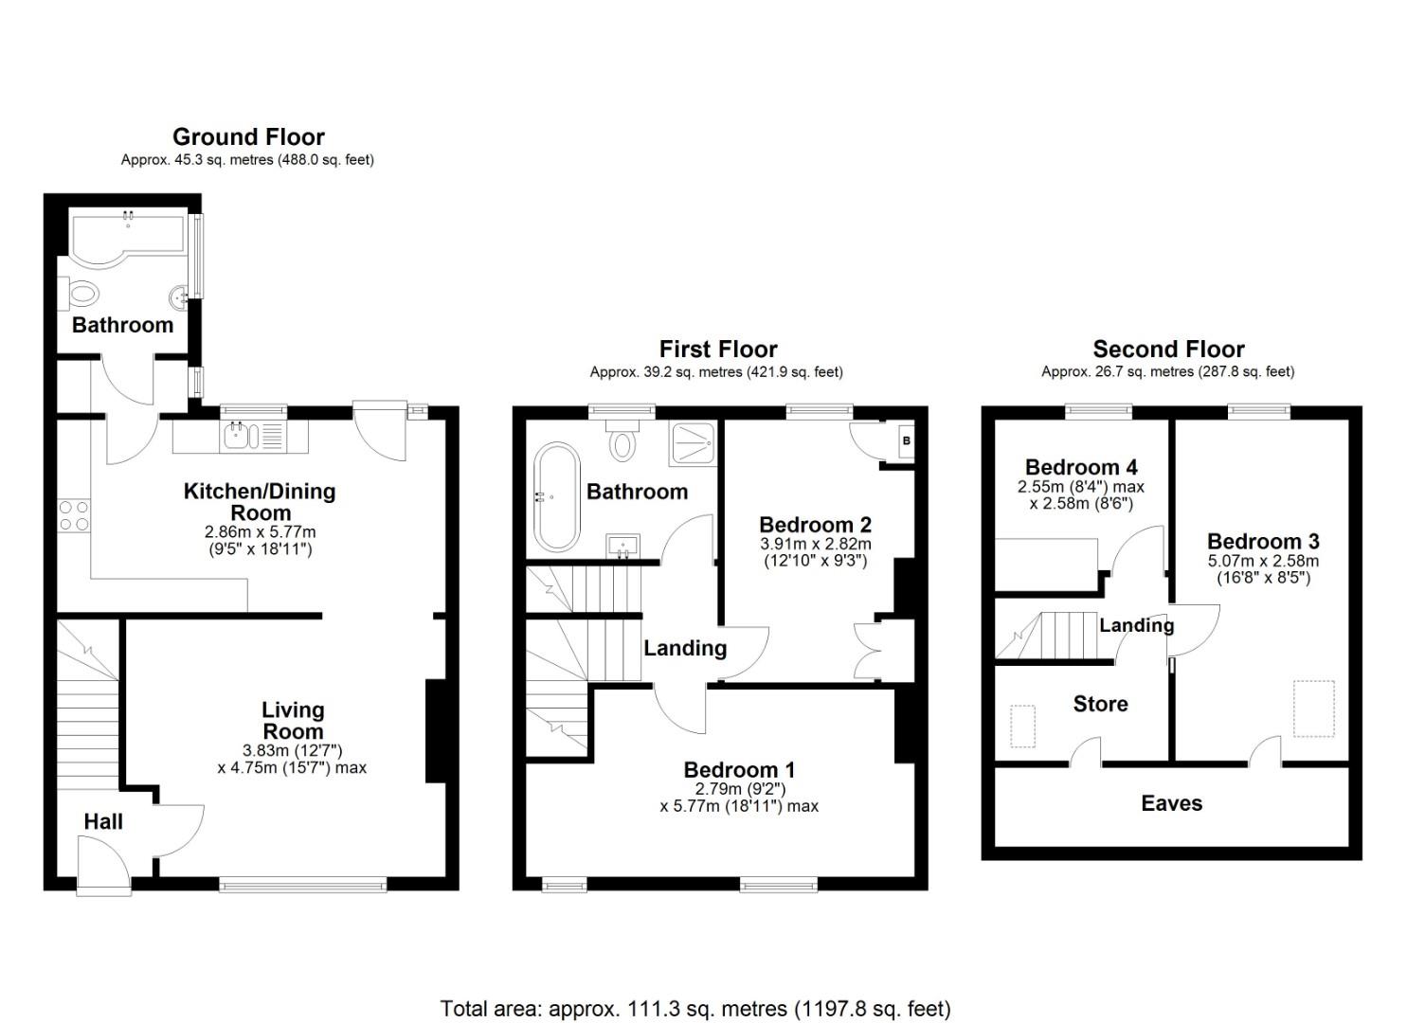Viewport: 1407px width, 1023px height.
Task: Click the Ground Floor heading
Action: click(248, 137)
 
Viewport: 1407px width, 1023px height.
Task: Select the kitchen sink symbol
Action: click(236, 437)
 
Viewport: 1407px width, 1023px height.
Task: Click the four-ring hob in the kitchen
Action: click(74, 515)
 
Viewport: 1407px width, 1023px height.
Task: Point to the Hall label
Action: click(103, 821)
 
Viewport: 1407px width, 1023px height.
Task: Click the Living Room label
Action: click(293, 721)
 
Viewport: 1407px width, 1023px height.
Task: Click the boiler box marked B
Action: click(906, 441)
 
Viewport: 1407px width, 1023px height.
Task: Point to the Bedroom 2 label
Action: click(815, 525)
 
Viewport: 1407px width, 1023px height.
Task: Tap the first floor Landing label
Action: click(685, 648)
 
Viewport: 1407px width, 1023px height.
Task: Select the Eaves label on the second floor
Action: click(1171, 803)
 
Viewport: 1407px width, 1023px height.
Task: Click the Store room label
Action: click(1100, 704)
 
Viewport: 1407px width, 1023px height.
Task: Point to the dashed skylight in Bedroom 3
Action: click(1313, 709)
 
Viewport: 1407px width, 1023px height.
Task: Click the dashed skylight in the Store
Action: click(1022, 726)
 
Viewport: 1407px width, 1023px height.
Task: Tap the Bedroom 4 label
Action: click(1081, 467)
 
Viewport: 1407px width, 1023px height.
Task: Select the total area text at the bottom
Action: click(695, 1008)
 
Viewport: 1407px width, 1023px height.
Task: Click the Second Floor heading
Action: click(1168, 350)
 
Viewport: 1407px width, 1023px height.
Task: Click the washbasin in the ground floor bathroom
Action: click(179, 298)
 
